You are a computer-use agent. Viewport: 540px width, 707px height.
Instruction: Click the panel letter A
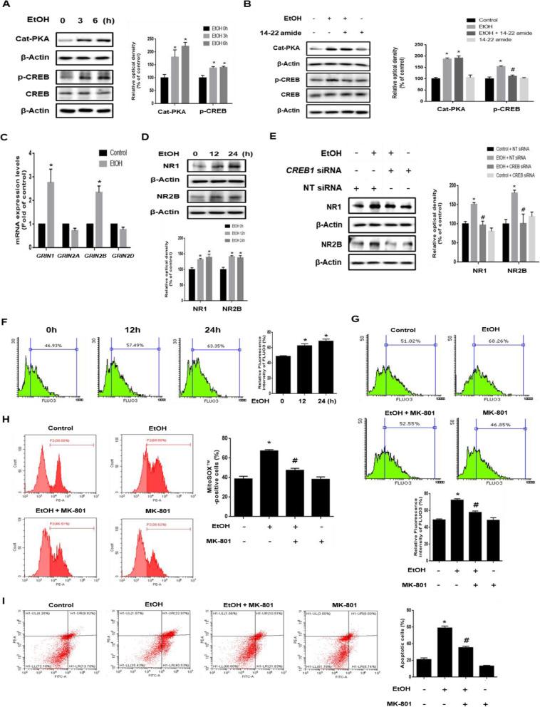(6, 6)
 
